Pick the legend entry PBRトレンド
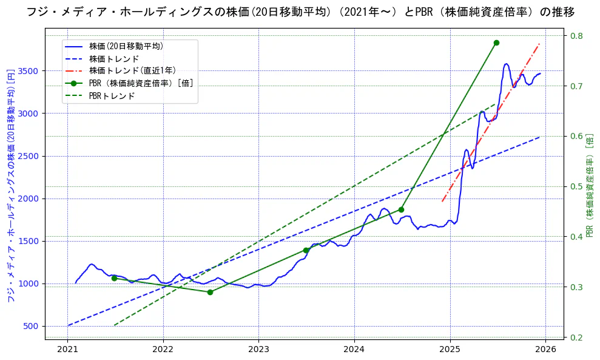click(x=112, y=96)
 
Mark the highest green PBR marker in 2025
click(x=496, y=42)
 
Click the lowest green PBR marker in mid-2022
click(x=210, y=292)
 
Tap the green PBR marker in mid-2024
click(x=401, y=209)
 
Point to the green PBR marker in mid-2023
click(x=306, y=250)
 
